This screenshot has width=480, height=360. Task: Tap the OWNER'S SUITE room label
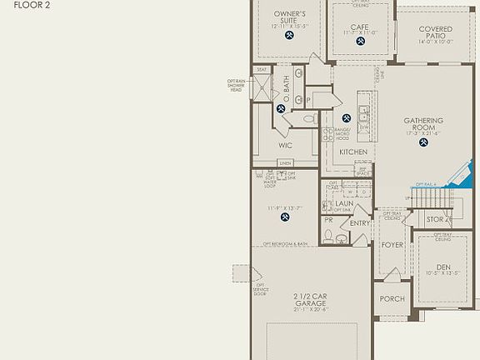coord(289,17)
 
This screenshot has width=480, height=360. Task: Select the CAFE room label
coord(359,27)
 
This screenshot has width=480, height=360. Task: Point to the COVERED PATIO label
coord(436,32)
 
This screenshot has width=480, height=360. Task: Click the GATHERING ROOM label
coord(423,124)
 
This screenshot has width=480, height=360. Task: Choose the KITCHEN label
coord(353,152)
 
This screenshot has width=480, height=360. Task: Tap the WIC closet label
coord(285,145)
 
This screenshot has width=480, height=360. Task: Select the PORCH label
coord(392,299)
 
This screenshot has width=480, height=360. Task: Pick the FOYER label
coord(392,245)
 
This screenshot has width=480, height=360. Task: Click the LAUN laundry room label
coord(344,202)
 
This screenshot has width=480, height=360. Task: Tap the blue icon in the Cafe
coord(359,44)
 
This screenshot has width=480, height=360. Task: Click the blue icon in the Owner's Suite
coord(289,36)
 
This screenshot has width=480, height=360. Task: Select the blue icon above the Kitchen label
coord(347,118)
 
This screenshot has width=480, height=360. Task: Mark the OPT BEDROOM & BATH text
coord(286,243)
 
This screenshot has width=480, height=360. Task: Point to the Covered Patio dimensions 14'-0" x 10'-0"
coord(436,42)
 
